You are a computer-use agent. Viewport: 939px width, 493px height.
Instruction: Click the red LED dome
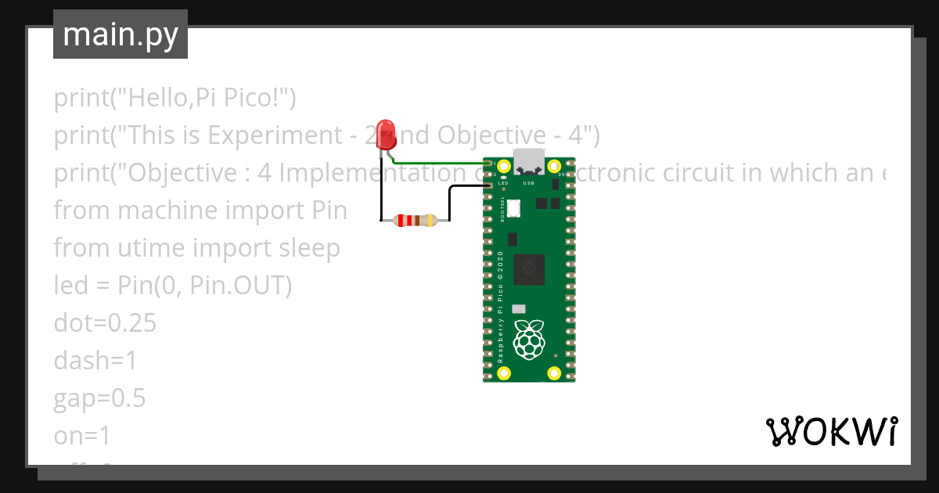[x=385, y=131]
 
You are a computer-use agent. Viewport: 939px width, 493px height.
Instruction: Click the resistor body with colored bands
[x=414, y=221]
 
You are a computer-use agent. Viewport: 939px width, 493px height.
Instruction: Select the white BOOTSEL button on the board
[x=514, y=208]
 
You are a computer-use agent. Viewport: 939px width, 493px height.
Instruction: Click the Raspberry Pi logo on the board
[x=529, y=340]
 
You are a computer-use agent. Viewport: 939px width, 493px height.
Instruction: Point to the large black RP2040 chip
[x=529, y=270]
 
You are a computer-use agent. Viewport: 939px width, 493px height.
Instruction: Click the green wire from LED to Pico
[x=438, y=163]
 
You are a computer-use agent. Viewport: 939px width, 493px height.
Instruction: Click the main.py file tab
[x=121, y=35]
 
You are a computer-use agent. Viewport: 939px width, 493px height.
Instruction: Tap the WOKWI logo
[x=831, y=431]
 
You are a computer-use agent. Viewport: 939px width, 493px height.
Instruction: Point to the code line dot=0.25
[x=105, y=323]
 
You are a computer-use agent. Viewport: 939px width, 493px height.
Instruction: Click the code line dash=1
[x=95, y=361]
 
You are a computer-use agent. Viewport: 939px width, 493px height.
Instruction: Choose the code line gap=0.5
[x=99, y=398]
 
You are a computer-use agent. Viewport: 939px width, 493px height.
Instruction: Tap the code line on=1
[x=83, y=436]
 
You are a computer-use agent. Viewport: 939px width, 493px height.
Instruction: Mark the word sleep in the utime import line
[x=310, y=248]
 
